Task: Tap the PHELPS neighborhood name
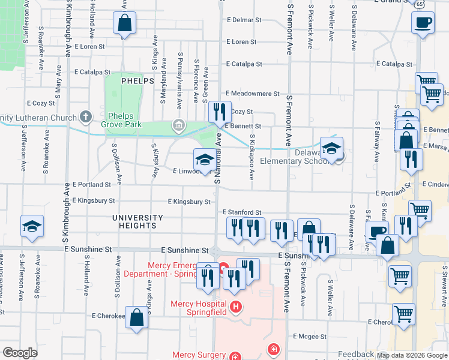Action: tap(137, 80)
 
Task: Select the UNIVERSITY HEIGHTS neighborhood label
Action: tap(137, 221)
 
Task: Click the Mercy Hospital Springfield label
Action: tap(199, 308)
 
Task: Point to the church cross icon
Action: tap(86, 117)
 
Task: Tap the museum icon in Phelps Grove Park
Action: tap(178, 125)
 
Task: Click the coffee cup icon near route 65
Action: tap(423, 23)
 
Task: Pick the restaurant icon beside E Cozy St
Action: tap(218, 112)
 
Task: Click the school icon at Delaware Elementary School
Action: tap(331, 148)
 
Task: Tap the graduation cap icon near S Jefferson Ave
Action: tap(31, 226)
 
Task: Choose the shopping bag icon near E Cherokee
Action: tap(136, 317)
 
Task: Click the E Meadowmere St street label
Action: tap(253, 94)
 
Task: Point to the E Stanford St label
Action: tap(242, 212)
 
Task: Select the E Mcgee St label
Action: tap(310, 337)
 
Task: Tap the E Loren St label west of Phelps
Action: tap(88, 46)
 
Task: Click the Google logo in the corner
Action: tap(19, 353)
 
